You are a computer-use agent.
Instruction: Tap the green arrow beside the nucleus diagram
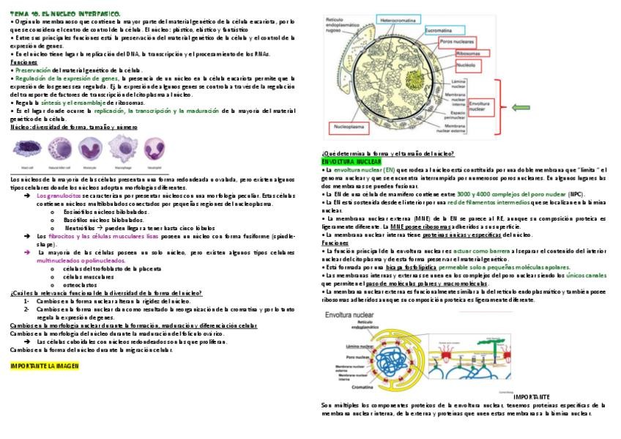pyautogui.click(x=522, y=108)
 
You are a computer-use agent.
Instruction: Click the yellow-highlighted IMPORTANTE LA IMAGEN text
pyautogui.click(x=45, y=365)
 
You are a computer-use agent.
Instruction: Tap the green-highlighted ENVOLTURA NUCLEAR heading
pyautogui.click(x=352, y=161)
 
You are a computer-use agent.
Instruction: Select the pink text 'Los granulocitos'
pyautogui.click(x=59, y=196)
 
